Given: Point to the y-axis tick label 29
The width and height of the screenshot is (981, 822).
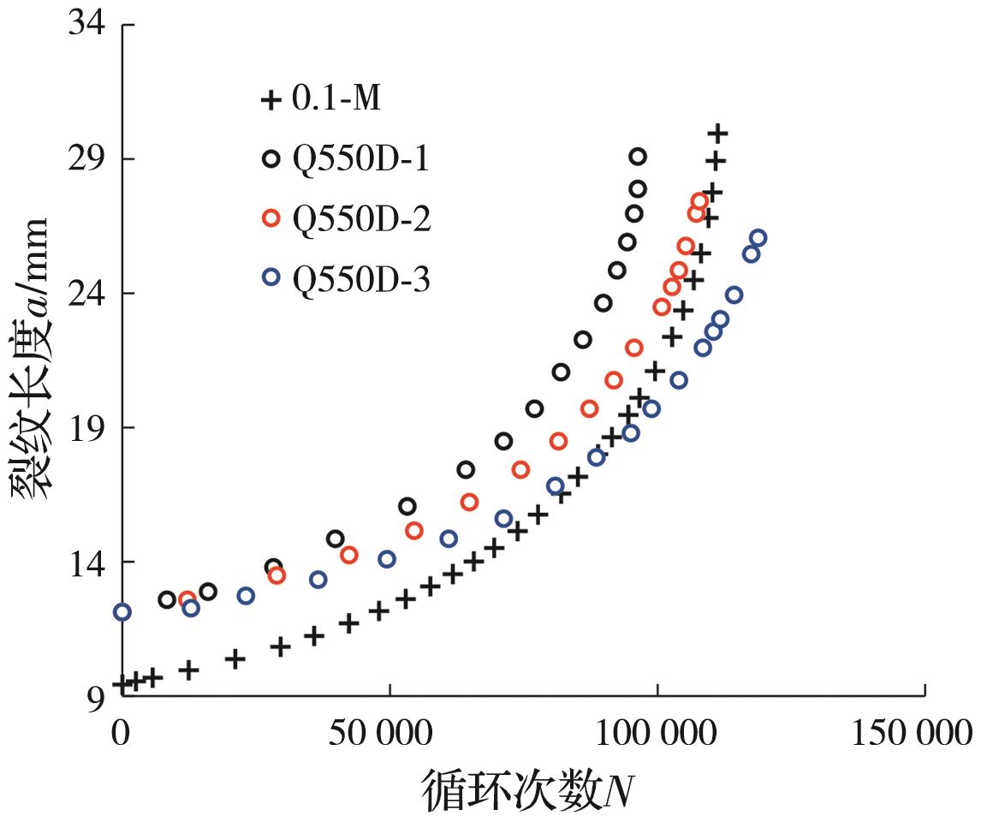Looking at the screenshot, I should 86,158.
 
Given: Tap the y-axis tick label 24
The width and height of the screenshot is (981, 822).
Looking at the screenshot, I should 86,293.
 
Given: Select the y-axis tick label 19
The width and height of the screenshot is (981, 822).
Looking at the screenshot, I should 86,427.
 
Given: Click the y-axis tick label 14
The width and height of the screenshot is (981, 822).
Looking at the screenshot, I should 86,562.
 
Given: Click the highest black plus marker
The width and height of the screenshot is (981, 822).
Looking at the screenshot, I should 718,133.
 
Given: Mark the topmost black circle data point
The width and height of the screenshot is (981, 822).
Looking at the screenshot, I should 638,156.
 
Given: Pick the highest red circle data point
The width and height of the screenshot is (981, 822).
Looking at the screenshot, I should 699,201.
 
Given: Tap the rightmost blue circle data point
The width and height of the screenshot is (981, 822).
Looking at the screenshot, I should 758,238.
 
